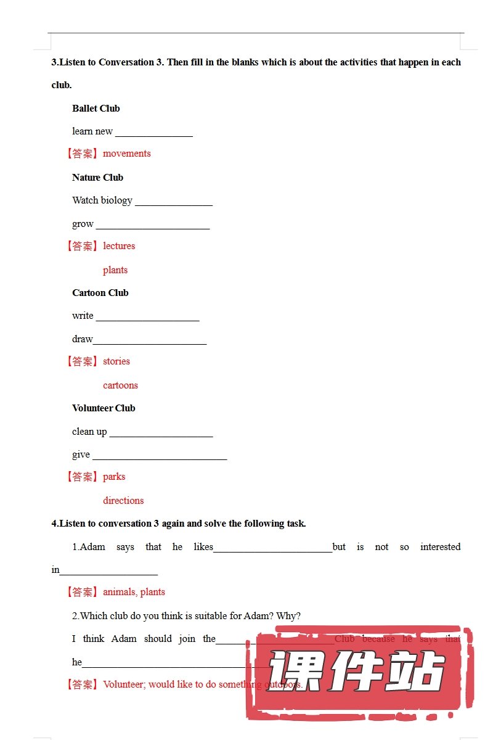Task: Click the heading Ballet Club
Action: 96,109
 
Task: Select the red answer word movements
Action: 126,154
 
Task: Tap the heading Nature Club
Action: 97,178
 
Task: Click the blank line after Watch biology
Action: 173,203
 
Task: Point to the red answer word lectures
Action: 119,246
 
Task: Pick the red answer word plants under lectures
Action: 115,270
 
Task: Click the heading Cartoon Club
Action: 100,293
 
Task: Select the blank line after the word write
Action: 147,318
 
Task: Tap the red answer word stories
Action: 116,361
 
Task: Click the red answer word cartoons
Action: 120,385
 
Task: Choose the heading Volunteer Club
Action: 104,408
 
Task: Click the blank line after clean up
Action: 161,434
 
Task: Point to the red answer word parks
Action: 114,477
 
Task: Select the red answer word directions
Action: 123,501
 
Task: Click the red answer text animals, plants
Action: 134,592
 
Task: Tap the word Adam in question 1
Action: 92,547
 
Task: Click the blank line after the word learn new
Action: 154,134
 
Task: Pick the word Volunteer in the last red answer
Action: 123,684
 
